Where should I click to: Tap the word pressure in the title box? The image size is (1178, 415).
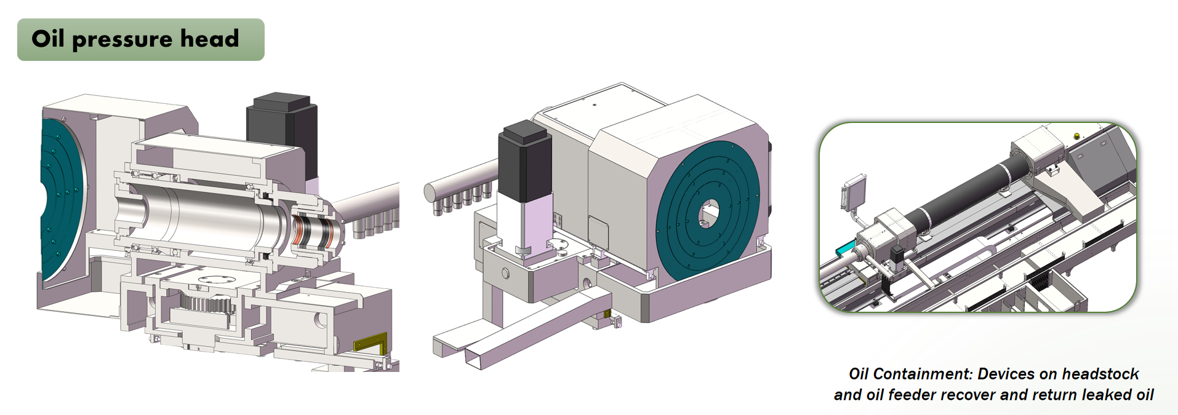122,40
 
